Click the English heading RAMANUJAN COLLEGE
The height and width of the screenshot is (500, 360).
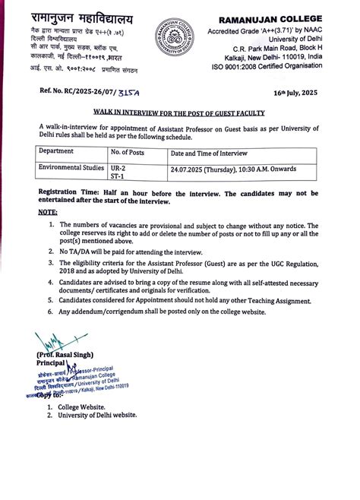pyautogui.click(x=282, y=17)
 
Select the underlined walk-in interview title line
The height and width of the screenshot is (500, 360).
pyautogui.click(x=180, y=111)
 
